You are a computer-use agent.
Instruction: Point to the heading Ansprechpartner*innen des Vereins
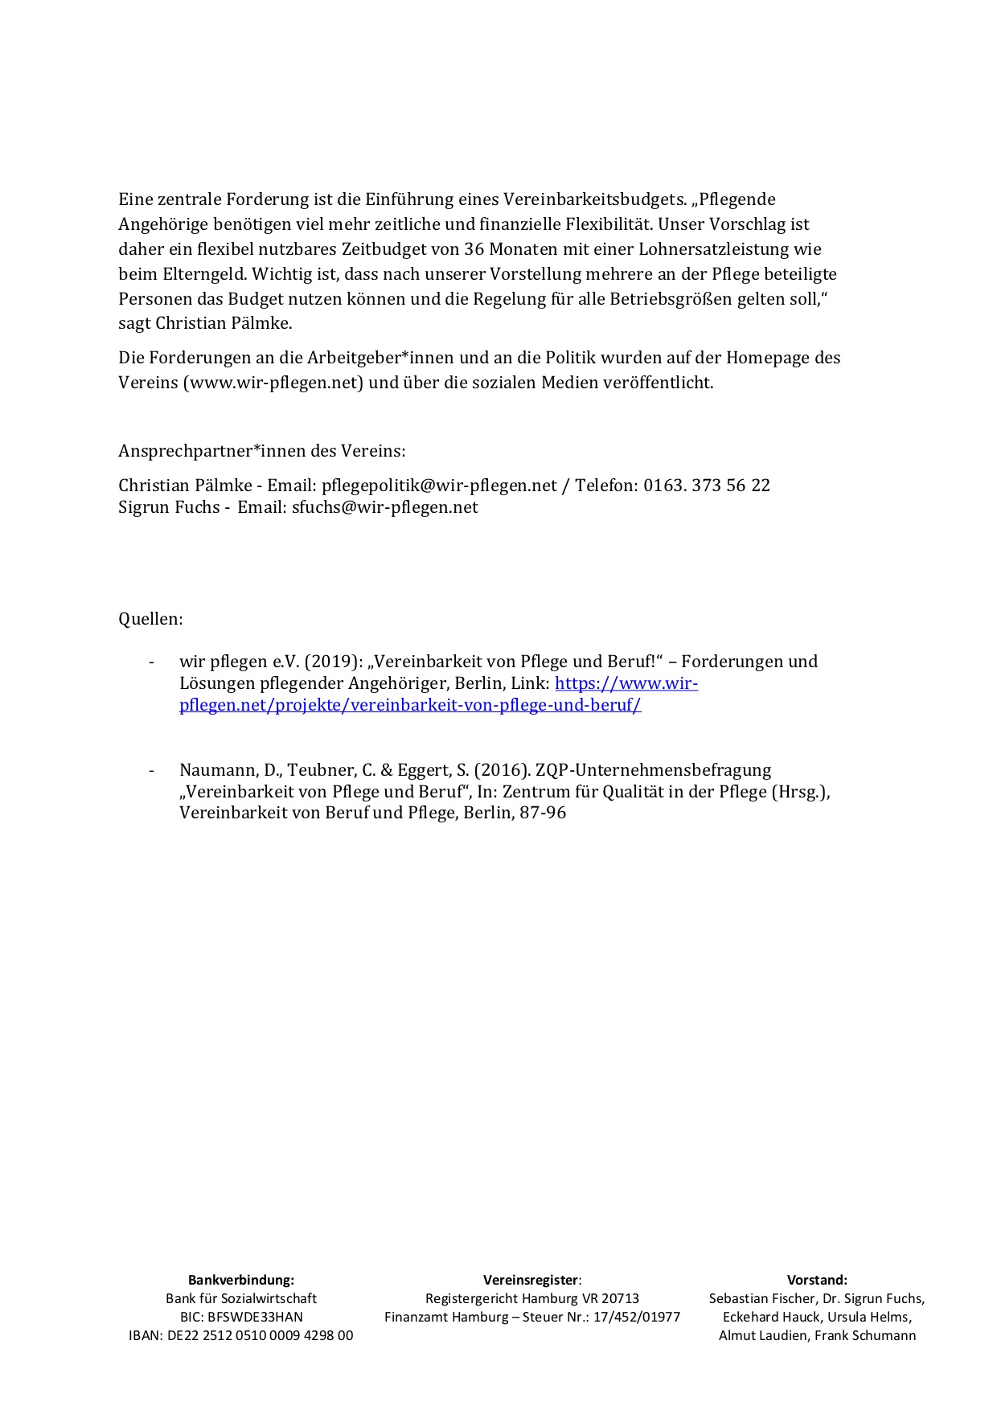[262, 451]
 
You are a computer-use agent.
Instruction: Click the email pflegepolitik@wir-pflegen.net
[439, 486]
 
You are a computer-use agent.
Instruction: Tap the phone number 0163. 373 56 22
[707, 486]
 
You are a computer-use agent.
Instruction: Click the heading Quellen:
[150, 619]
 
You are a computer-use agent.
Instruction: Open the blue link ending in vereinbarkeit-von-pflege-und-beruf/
[410, 706]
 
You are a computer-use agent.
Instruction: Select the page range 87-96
[542, 813]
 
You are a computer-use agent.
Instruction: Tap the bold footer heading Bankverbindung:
[241, 1280]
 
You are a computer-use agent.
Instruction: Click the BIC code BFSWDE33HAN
[255, 1317]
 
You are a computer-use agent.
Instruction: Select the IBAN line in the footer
[241, 1335]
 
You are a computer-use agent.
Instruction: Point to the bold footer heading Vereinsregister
[531, 1280]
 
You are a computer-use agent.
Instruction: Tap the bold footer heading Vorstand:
[817, 1280]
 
